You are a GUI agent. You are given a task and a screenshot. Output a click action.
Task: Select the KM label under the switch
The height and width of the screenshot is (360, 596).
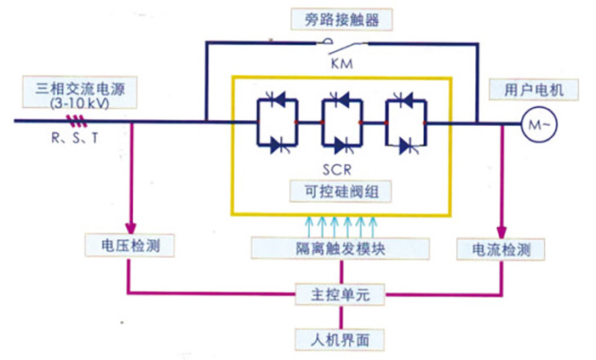click(x=340, y=63)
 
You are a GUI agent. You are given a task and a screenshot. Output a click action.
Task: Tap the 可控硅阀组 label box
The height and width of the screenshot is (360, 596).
click(x=338, y=191)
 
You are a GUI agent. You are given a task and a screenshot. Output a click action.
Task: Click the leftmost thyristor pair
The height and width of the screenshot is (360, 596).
click(x=275, y=123)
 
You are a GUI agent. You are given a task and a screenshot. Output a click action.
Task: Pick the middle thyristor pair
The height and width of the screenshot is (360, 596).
click(x=340, y=123)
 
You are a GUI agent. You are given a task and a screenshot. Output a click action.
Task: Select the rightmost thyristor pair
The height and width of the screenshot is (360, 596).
click(x=404, y=123)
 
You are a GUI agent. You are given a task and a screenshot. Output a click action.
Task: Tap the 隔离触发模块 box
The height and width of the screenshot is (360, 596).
click(x=340, y=246)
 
